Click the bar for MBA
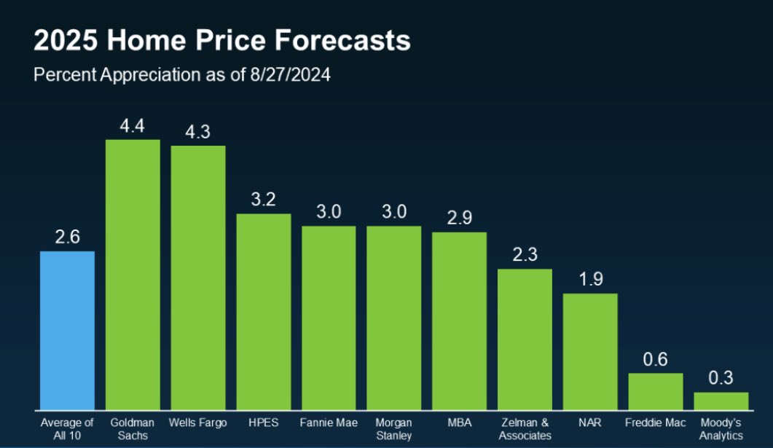click(459, 321)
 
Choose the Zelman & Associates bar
click(525, 339)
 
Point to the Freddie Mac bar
click(656, 391)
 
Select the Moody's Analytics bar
click(721, 401)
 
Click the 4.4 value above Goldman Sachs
click(133, 126)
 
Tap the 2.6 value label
click(67, 237)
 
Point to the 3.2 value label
click(264, 200)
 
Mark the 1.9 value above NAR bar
click(590, 280)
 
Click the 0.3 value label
click(721, 378)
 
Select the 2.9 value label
click(459, 219)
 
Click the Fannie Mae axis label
click(329, 423)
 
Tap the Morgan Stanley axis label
click(393, 429)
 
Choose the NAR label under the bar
click(590, 423)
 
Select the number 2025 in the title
click(66, 42)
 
